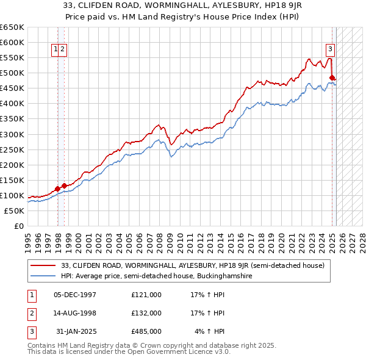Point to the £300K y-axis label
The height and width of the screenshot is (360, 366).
click(12, 134)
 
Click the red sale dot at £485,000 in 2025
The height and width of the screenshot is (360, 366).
click(332, 77)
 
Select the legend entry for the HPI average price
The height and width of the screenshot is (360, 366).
click(157, 276)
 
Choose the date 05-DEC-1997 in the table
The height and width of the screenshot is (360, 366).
click(75, 295)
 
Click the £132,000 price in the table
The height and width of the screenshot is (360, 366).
click(146, 313)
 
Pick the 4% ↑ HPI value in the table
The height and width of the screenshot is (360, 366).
click(210, 331)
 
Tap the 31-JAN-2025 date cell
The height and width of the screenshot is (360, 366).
click(76, 331)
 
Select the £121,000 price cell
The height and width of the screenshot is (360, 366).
click(146, 295)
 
